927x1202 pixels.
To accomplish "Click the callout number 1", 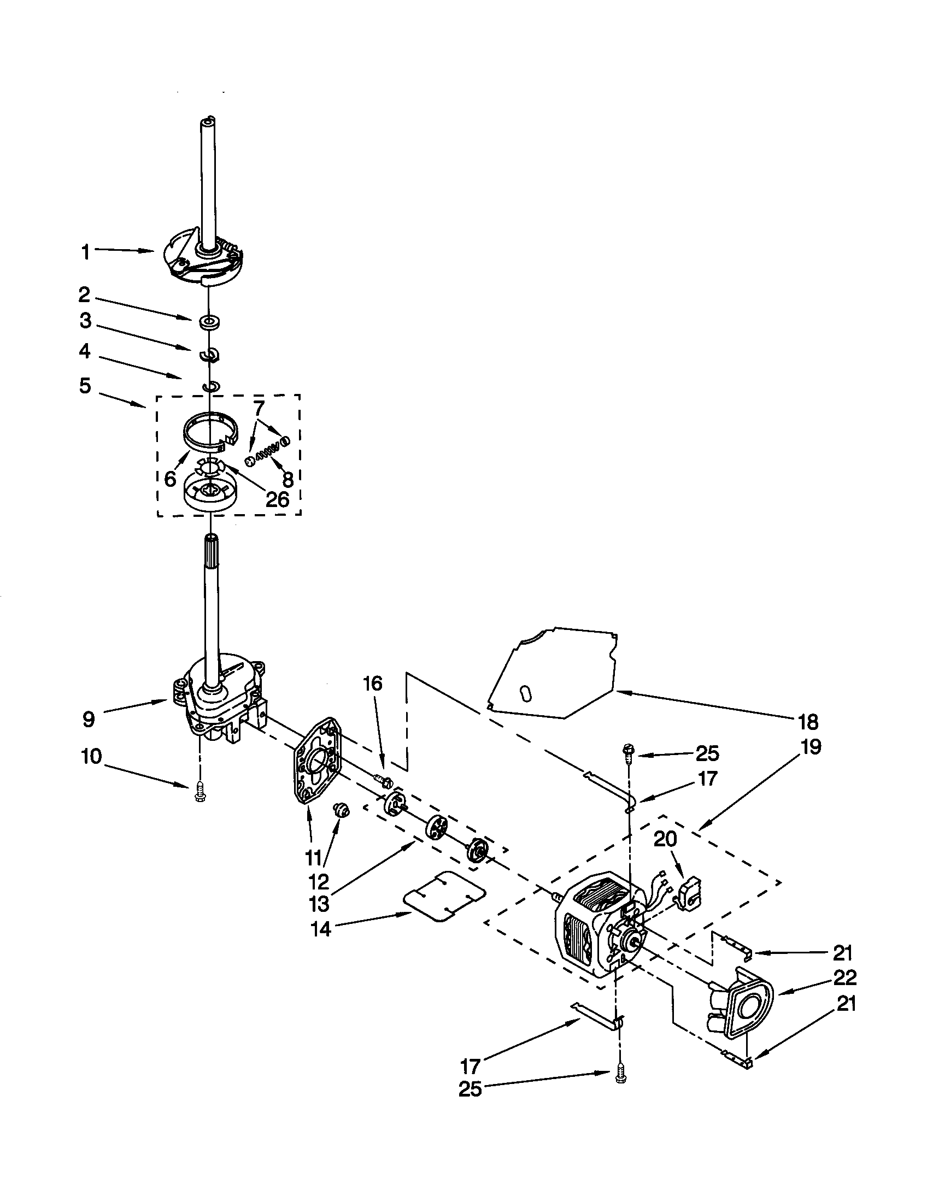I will [x=85, y=252].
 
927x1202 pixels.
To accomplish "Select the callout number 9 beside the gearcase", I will [x=89, y=720].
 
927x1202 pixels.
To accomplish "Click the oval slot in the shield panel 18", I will [x=525, y=693].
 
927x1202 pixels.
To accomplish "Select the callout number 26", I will [x=277, y=499].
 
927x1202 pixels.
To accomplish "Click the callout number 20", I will [x=665, y=839].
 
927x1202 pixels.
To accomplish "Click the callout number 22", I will [x=845, y=977].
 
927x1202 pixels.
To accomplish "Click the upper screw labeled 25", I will [x=629, y=750].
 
